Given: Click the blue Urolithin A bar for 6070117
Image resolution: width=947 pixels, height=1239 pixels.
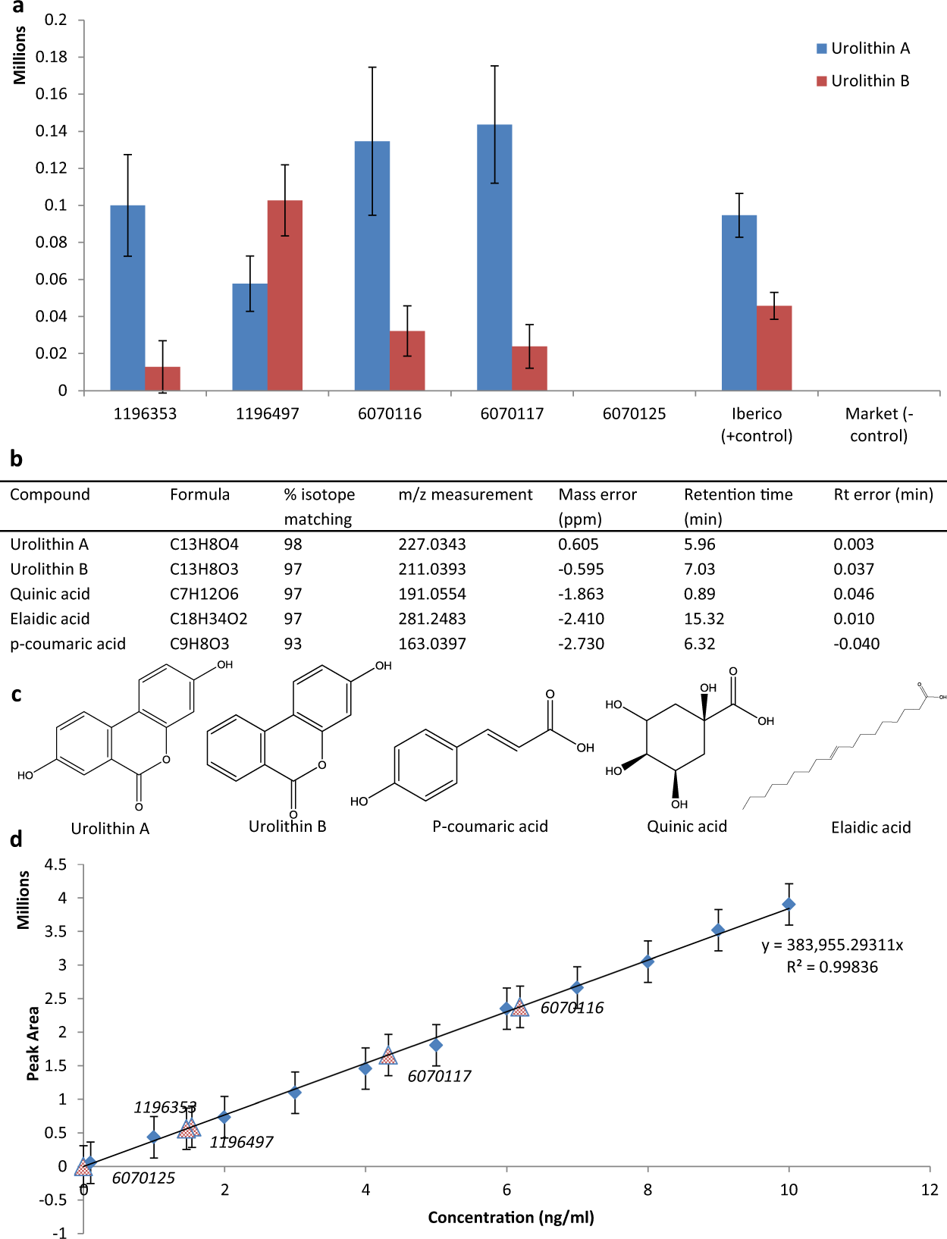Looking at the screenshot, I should point(494,258).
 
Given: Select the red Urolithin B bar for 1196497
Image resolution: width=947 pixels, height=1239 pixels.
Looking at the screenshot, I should point(285,296).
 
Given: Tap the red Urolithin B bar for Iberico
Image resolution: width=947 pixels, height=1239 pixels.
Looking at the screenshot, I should point(774,349).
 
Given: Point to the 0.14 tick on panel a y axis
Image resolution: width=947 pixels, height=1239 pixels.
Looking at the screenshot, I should point(52,131).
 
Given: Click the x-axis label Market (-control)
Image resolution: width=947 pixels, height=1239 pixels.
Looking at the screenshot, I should point(879,425).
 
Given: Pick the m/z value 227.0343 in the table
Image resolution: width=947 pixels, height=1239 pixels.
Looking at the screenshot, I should point(432,544).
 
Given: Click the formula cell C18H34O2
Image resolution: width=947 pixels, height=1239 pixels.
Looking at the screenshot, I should point(209,619).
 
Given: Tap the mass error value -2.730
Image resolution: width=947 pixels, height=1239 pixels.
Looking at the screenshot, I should point(582,644).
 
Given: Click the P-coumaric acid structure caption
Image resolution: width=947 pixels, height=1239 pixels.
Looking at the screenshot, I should point(490,827).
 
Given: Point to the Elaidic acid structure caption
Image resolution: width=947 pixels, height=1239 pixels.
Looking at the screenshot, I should point(870,827).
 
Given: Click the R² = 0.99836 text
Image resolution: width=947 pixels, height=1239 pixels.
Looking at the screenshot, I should point(832,967).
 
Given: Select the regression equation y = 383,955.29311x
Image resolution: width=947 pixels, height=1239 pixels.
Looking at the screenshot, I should point(833,945).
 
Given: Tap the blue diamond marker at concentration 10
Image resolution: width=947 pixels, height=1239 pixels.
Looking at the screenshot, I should point(789,904).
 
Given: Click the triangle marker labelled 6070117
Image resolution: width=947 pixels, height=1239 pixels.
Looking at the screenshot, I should point(388,1056).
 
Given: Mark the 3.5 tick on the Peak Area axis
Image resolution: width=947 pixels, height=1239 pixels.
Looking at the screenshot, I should point(58,931).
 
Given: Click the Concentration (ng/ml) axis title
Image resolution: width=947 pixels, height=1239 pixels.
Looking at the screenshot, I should point(511,1217).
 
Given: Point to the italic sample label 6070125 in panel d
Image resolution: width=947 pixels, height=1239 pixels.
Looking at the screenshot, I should point(143,1178).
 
